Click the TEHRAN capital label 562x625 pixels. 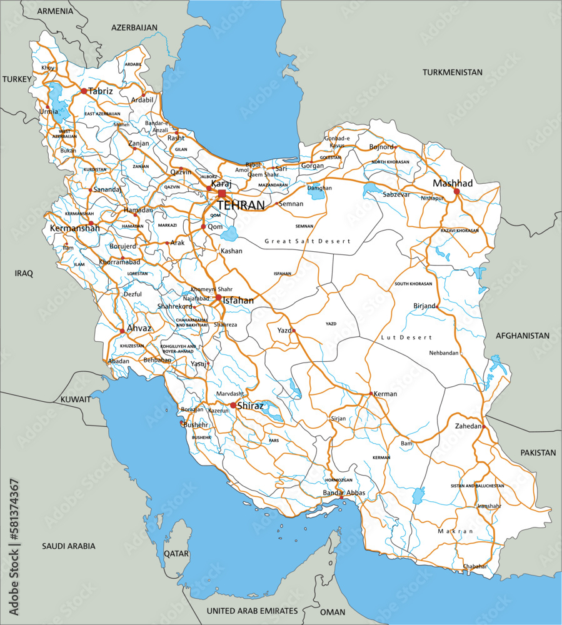tap(241, 205)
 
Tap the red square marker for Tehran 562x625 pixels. tap(222, 194)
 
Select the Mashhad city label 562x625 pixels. tap(453, 183)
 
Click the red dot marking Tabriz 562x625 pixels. tap(84, 91)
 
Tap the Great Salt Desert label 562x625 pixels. tap(308, 241)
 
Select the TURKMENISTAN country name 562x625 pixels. tap(453, 72)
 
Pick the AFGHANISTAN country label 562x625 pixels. tap(523, 336)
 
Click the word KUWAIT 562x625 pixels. tap(75, 399)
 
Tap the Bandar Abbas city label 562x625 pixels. tap(343, 493)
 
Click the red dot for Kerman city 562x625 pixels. tap(371, 394)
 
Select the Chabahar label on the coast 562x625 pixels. tap(474, 566)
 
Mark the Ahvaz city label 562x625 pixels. tap(139, 328)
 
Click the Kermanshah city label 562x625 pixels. tap(74, 229)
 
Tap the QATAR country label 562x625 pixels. tap(176, 553)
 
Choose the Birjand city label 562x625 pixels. tap(424, 306)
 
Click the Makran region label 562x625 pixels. tap(456, 531)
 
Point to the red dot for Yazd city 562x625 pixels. tap(293, 330)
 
